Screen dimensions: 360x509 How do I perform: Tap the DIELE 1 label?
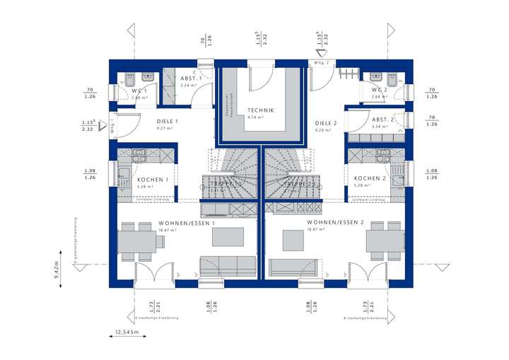tap(168, 122)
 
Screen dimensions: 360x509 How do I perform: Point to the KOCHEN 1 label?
tap(152, 180)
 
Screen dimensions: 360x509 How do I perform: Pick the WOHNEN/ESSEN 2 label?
tap(335, 222)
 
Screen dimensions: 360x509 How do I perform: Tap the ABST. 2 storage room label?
tap(382, 120)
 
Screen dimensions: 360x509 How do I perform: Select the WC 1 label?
tap(139, 91)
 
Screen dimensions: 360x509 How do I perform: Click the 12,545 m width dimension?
tap(128, 331)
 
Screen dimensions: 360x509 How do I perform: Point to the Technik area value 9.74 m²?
tap(255, 117)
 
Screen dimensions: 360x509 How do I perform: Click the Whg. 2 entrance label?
tap(321, 63)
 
